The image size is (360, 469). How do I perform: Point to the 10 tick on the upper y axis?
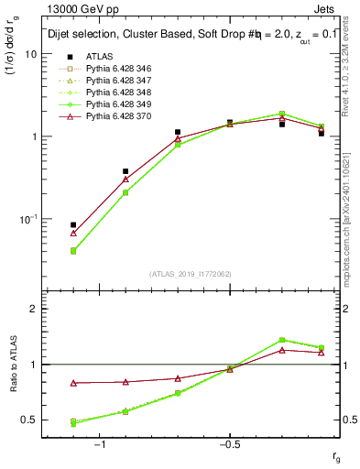point(30,54)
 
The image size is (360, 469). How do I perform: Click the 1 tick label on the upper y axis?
point(33,136)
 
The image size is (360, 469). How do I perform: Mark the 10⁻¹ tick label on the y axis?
point(28,219)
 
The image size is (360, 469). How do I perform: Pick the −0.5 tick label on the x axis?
point(228,443)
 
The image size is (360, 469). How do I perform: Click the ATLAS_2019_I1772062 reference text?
point(191,274)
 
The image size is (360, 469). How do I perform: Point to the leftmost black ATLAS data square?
point(73,224)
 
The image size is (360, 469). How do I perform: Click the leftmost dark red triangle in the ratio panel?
point(73,383)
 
